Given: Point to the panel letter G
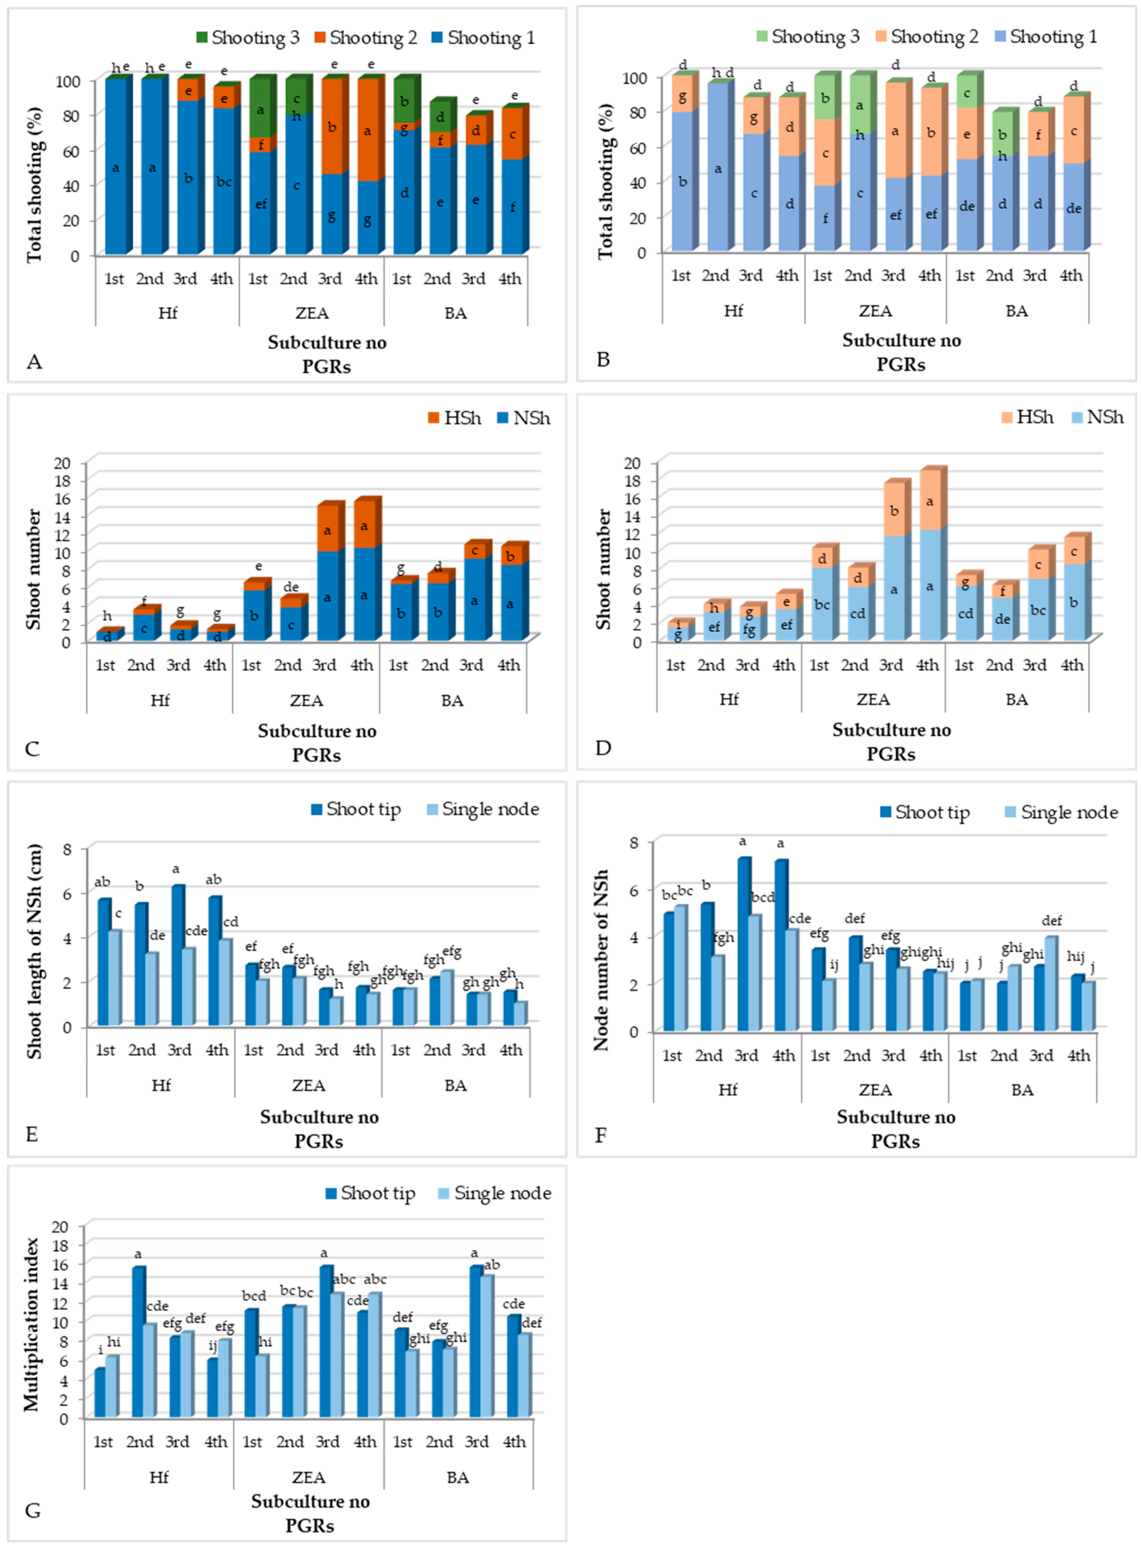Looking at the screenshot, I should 32,1510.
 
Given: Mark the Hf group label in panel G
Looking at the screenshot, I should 159,1477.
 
